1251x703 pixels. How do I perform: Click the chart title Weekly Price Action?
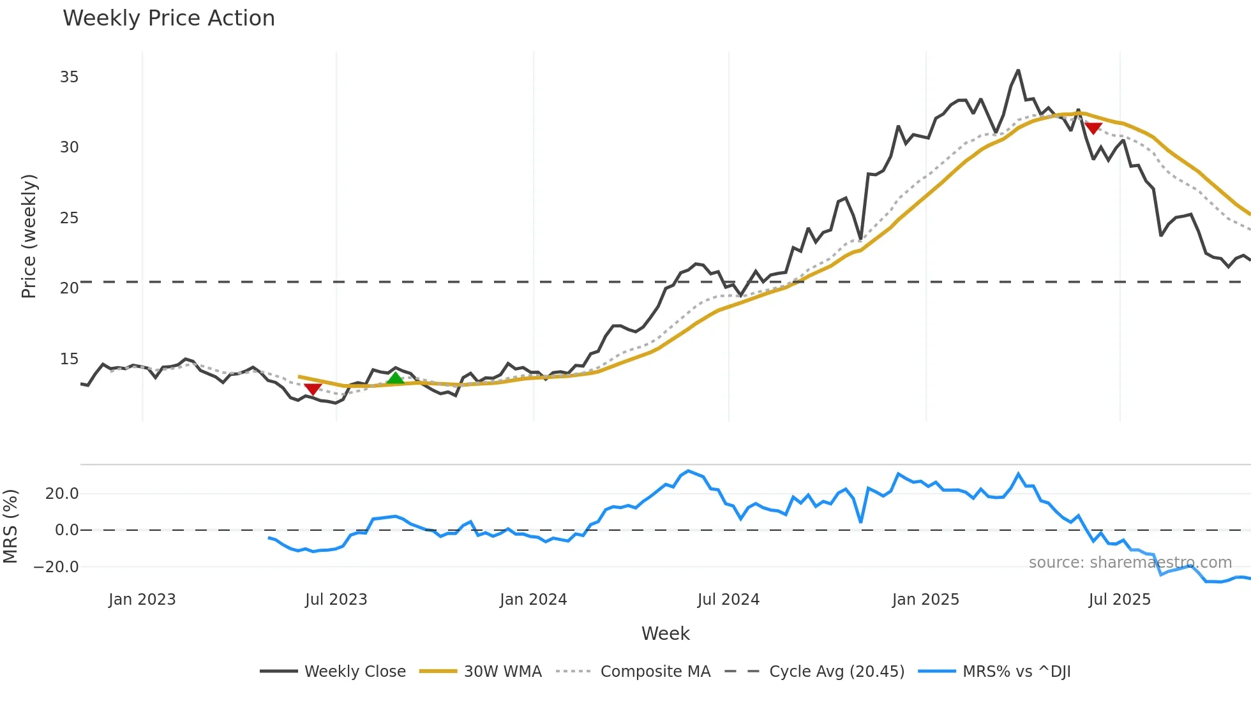pos(169,18)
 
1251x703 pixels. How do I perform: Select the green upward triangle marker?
pos(396,378)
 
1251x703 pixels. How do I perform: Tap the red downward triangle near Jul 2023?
pos(313,389)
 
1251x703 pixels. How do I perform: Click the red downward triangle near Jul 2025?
pos(1093,128)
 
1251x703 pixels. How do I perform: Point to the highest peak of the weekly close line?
pos(1018,70)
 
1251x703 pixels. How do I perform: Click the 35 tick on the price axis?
pos(69,77)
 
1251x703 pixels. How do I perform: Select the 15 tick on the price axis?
pos(69,359)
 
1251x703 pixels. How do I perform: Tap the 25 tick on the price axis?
pos(69,218)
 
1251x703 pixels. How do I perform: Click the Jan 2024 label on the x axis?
pos(533,600)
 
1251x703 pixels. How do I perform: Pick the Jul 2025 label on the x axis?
pos(1120,600)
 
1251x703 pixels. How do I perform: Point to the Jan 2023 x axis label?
pos(142,600)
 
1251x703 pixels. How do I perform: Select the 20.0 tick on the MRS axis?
pos(62,493)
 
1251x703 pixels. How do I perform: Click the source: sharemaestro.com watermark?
pos(1130,563)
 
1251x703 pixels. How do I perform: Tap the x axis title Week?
pos(665,633)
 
